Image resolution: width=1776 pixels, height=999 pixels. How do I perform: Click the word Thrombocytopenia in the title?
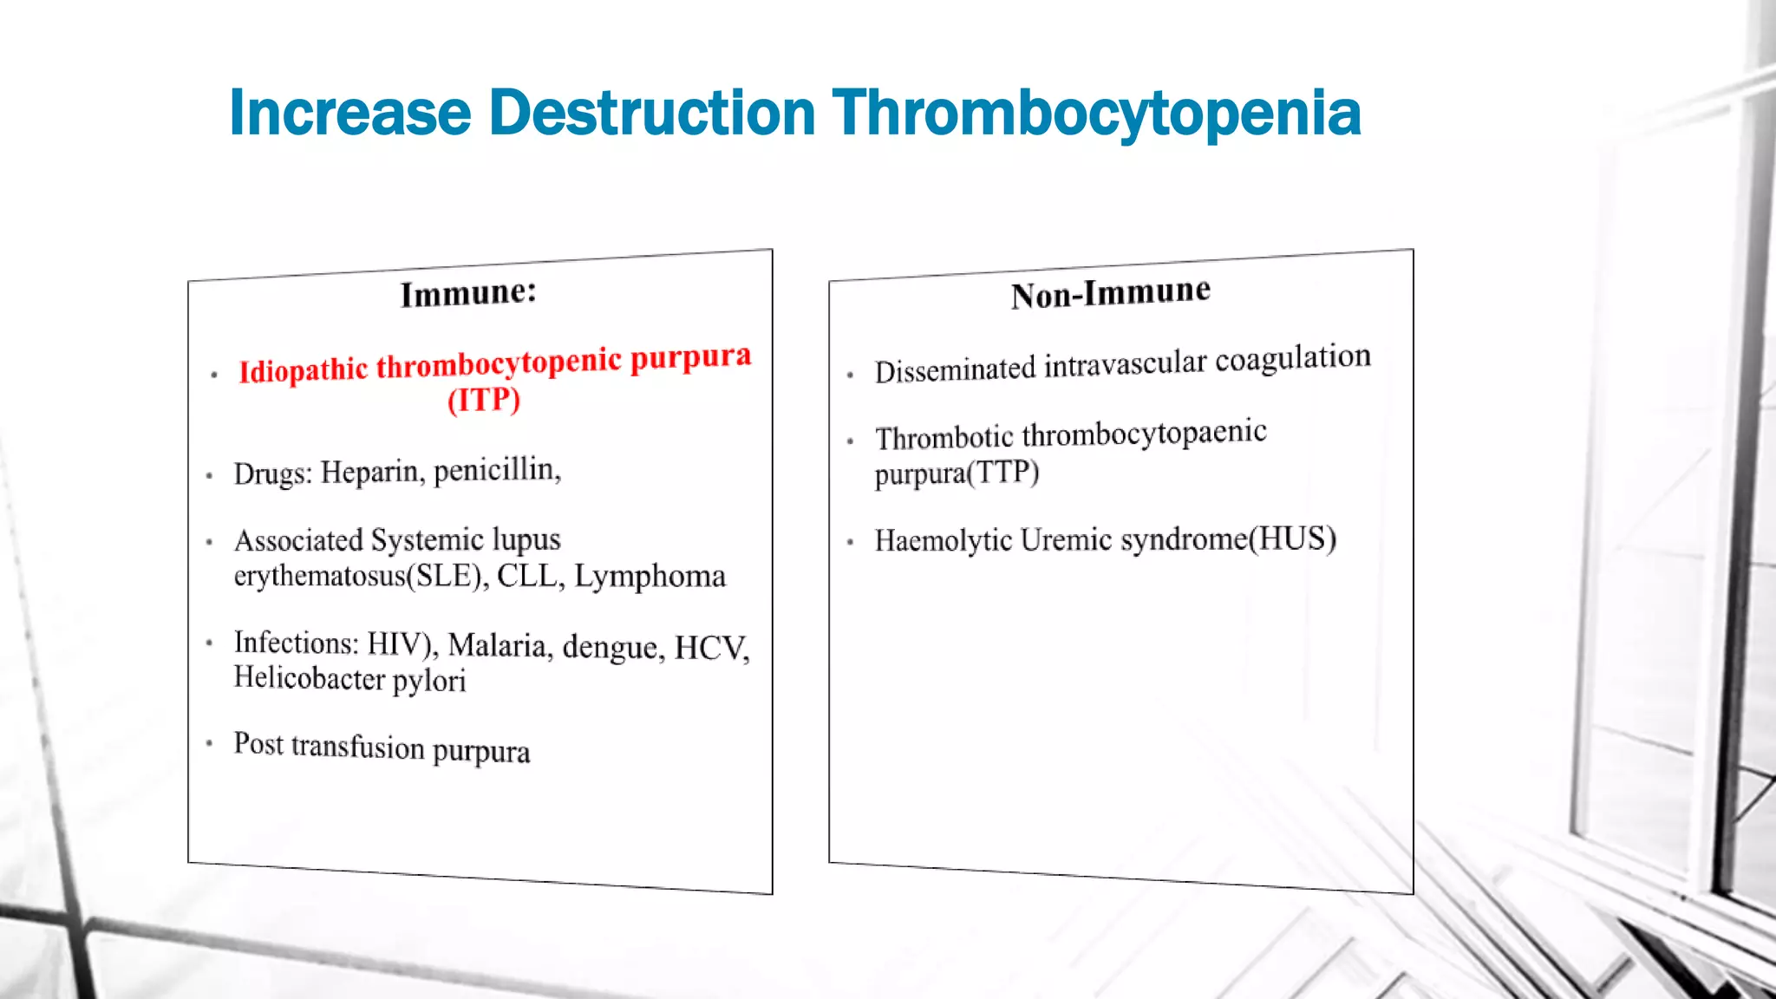click(x=1096, y=114)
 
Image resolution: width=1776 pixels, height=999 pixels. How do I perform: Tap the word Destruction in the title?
click(x=651, y=113)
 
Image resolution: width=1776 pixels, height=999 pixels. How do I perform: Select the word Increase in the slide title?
click(x=349, y=113)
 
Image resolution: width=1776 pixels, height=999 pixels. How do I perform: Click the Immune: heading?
click(x=468, y=293)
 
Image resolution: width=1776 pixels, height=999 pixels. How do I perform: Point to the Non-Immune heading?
click(x=1110, y=293)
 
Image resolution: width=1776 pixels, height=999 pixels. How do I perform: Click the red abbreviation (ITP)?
click(x=484, y=401)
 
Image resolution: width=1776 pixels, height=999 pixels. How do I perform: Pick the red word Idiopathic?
click(x=304, y=370)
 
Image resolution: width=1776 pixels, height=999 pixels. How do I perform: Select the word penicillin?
click(x=497, y=469)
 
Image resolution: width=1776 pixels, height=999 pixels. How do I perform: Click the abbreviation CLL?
click(x=530, y=575)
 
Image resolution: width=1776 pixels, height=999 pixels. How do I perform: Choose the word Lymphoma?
click(x=650, y=576)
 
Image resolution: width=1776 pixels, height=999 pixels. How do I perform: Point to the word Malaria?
click(x=500, y=645)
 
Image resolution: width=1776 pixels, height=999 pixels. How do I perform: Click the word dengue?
click(x=614, y=647)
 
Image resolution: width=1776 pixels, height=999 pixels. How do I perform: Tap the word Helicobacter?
click(x=309, y=677)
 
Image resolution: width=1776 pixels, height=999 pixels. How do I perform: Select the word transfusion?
click(x=357, y=746)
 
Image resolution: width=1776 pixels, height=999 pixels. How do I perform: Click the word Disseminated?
click(x=955, y=370)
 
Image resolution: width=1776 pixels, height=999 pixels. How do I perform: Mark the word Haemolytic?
click(x=943, y=540)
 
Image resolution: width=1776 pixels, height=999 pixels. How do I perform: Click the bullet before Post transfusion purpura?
click(x=210, y=743)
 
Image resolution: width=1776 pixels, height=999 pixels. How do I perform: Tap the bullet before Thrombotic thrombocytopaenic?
click(x=851, y=441)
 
